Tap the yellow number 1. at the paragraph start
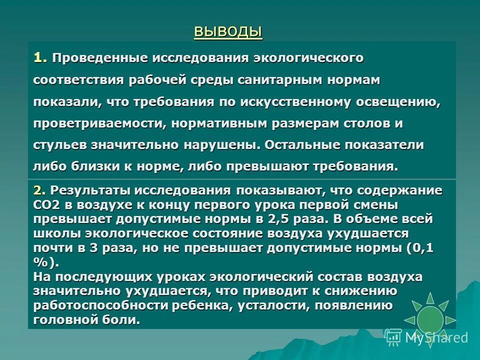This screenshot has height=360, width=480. pos(40,58)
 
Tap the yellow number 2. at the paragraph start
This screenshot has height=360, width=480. pos(40,191)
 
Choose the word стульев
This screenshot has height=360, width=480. pos(60,145)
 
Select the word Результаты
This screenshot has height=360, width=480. pos(90,191)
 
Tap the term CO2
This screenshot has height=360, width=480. pos(47,205)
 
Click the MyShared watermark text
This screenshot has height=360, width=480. pos(435,338)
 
